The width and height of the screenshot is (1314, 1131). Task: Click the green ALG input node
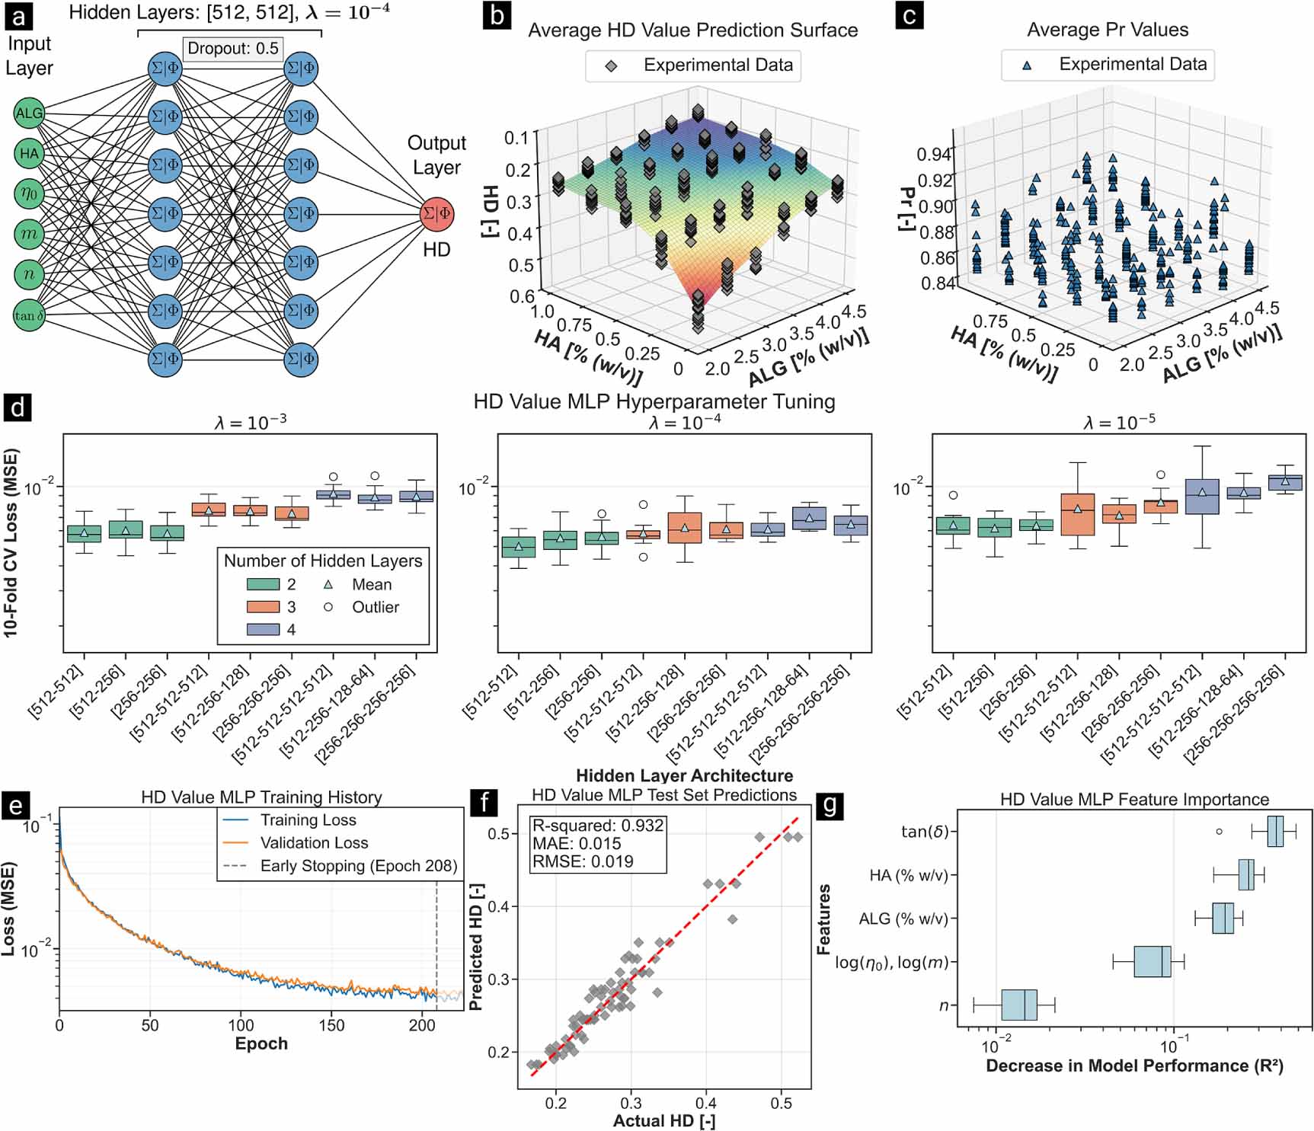(x=29, y=113)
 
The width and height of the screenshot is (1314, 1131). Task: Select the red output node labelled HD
(x=436, y=213)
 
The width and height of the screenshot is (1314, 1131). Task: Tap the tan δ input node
(x=29, y=315)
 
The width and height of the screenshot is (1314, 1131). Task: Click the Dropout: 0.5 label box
(x=232, y=49)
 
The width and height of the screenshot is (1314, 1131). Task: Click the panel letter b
(x=497, y=14)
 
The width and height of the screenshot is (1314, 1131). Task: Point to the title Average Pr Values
(x=1107, y=30)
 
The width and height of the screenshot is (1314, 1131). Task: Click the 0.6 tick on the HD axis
(x=522, y=296)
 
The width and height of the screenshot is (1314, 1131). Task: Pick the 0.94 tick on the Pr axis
(x=934, y=154)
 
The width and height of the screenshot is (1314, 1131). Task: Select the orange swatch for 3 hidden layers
(x=263, y=607)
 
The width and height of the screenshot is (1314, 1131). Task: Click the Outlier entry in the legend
(x=375, y=607)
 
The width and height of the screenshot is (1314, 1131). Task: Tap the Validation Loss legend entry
(x=314, y=842)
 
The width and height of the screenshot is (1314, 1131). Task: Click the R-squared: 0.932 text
(x=597, y=826)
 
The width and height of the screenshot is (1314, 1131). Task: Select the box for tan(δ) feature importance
(x=1275, y=831)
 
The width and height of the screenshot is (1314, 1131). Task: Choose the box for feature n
(x=1018, y=1005)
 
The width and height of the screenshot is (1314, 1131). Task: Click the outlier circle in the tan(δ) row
(x=1219, y=832)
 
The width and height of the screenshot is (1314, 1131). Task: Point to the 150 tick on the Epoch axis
(x=331, y=1025)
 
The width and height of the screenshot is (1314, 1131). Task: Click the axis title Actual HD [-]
(x=663, y=1120)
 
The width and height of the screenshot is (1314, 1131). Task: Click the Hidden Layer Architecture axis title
(x=684, y=775)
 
